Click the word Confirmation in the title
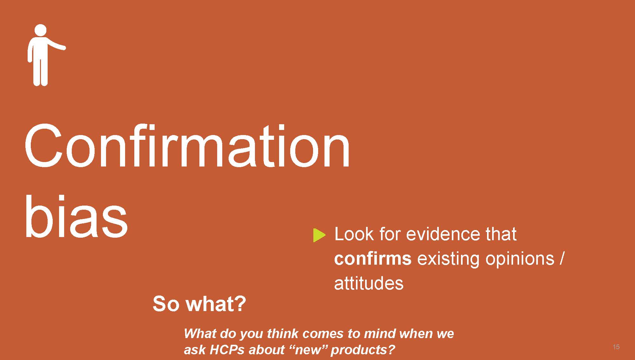coord(187,146)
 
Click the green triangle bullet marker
coord(319,235)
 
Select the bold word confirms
coord(373,258)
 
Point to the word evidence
coord(443,234)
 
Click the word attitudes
coord(369,283)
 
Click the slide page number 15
coord(616,347)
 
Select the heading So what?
coord(199,304)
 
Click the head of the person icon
coord(40,30)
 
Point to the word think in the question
coord(282,334)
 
